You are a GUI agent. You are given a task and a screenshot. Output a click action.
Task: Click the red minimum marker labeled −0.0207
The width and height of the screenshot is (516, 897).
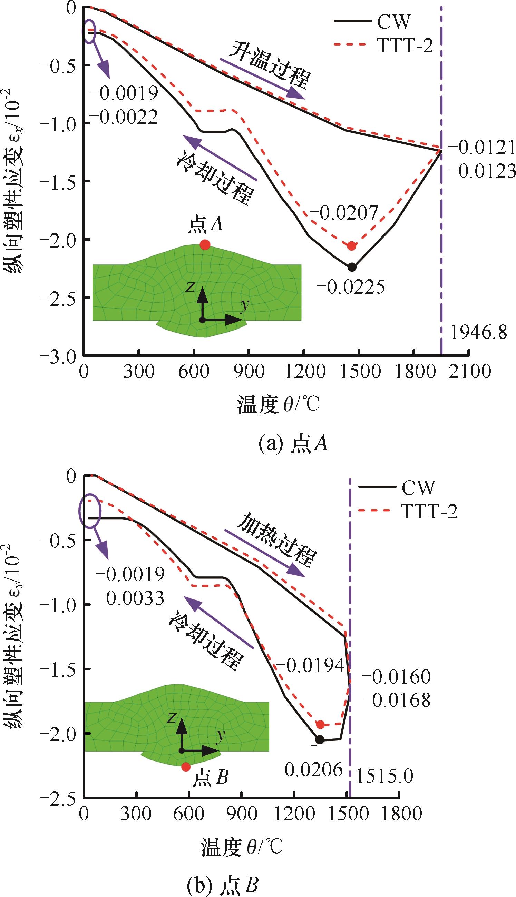351,246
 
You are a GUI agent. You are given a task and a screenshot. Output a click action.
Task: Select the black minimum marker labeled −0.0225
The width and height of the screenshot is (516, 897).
352,267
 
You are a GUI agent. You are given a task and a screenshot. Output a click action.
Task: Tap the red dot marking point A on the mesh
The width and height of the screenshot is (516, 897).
205,245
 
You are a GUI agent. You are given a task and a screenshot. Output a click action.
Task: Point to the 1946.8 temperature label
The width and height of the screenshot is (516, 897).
478,333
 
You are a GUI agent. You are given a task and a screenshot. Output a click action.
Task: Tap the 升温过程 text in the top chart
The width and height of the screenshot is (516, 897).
269,66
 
